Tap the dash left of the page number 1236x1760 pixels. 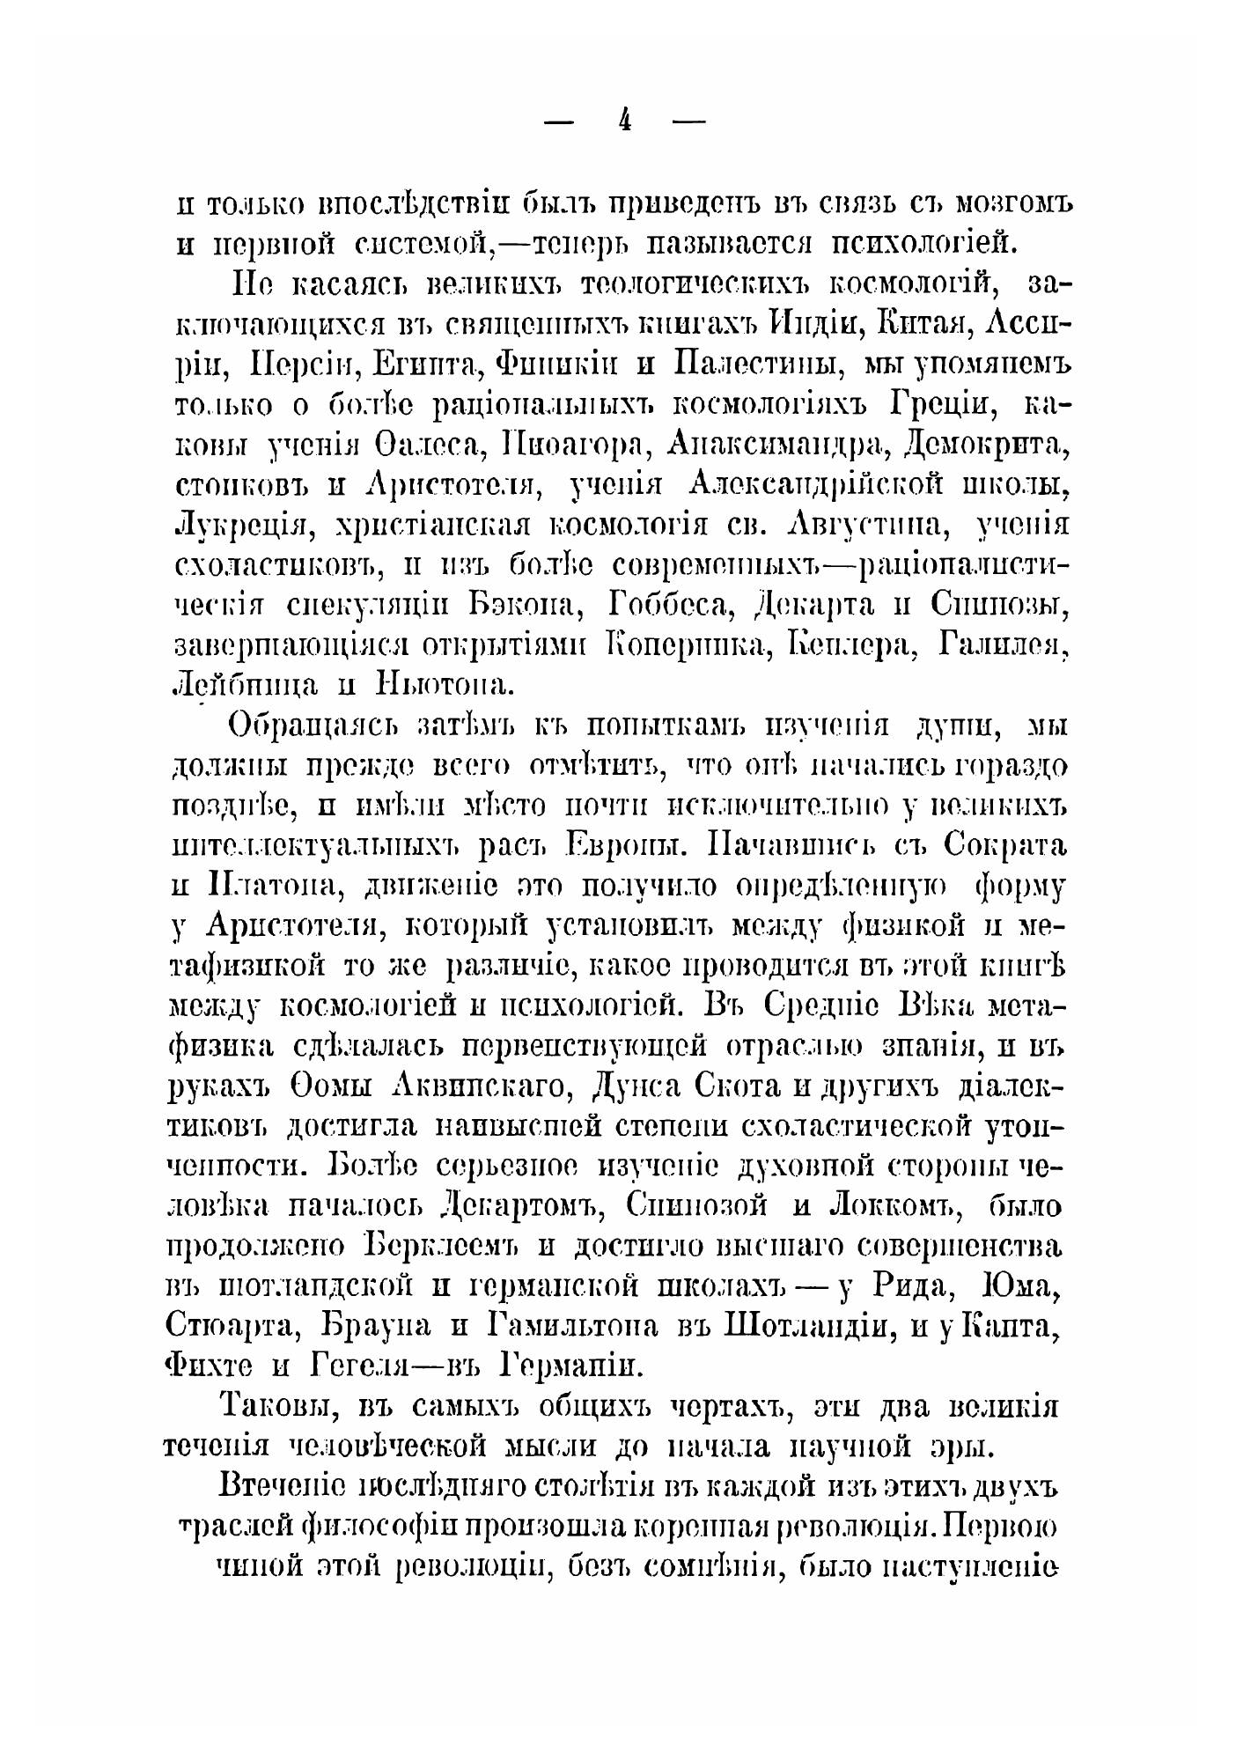pos(559,122)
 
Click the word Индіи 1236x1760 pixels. pos(811,325)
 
